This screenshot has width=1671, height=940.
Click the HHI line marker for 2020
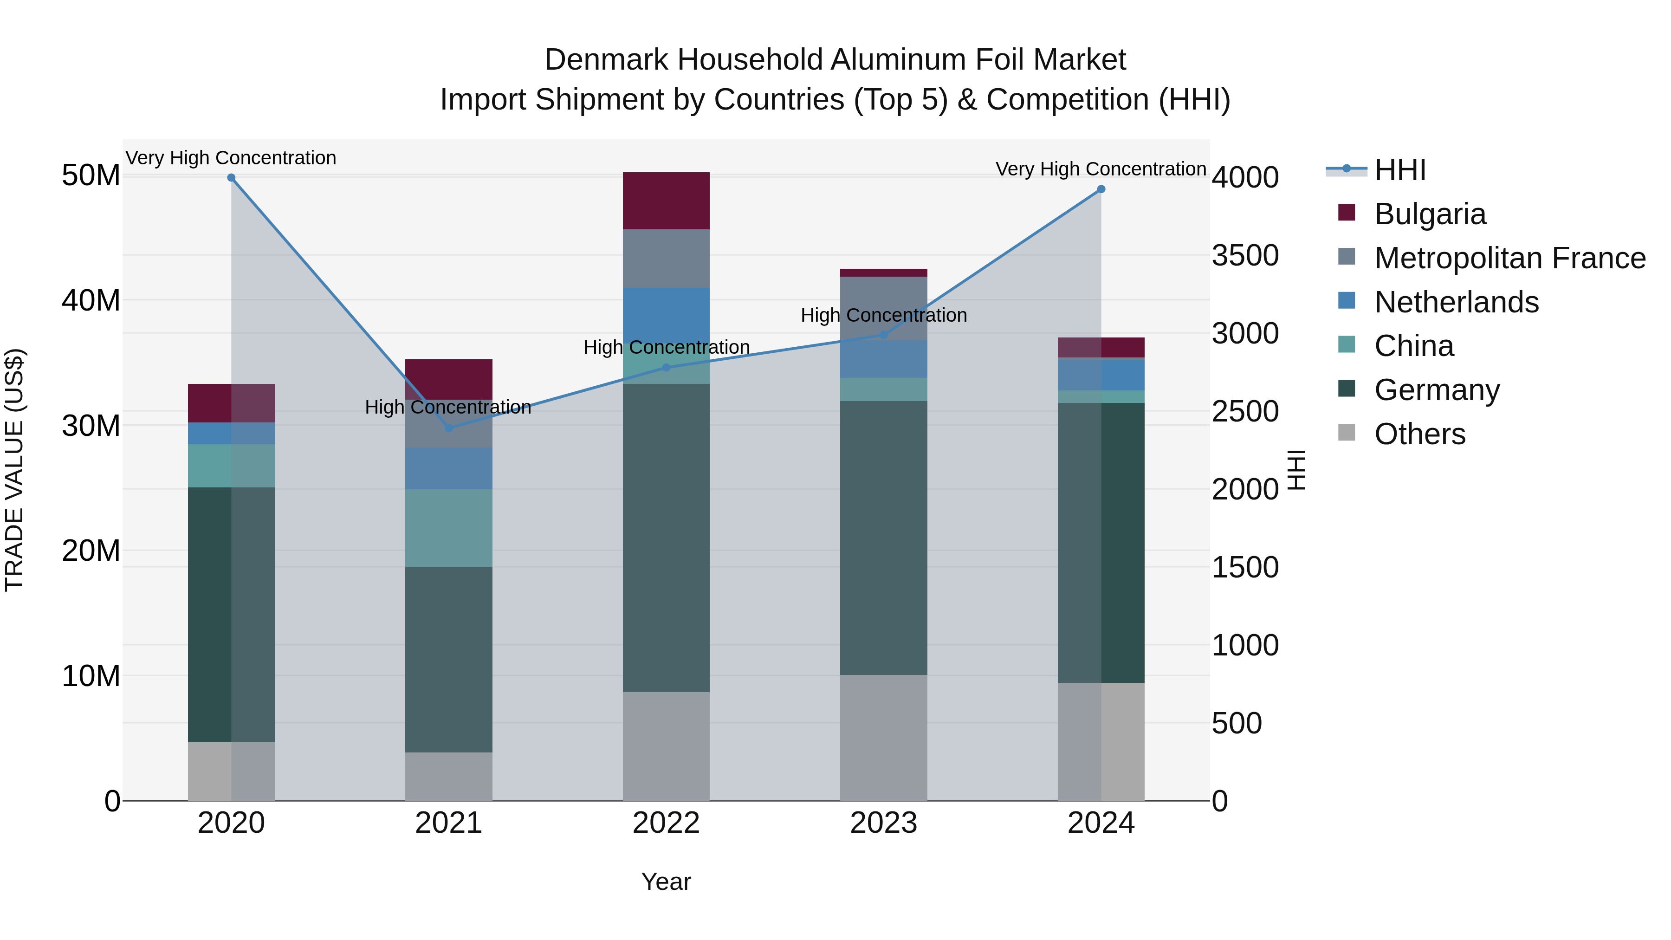(x=231, y=178)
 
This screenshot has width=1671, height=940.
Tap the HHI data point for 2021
(x=449, y=428)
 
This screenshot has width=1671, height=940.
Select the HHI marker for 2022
(x=666, y=368)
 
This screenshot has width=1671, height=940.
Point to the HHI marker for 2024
(x=1101, y=189)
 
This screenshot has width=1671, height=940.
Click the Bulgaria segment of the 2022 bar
(x=666, y=201)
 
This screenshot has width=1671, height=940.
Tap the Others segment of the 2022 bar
(x=666, y=746)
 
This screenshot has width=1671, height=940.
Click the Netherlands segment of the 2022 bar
(x=666, y=311)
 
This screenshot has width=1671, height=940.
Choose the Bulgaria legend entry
(x=1430, y=214)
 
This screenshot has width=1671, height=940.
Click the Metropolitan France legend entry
(x=1509, y=258)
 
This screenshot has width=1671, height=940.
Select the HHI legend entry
(x=1400, y=170)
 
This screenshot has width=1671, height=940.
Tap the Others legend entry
(x=1419, y=434)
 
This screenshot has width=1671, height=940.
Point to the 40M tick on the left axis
(x=91, y=301)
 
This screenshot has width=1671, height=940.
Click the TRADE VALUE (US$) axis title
(x=14, y=470)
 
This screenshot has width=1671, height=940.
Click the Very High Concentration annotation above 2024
(x=1101, y=169)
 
